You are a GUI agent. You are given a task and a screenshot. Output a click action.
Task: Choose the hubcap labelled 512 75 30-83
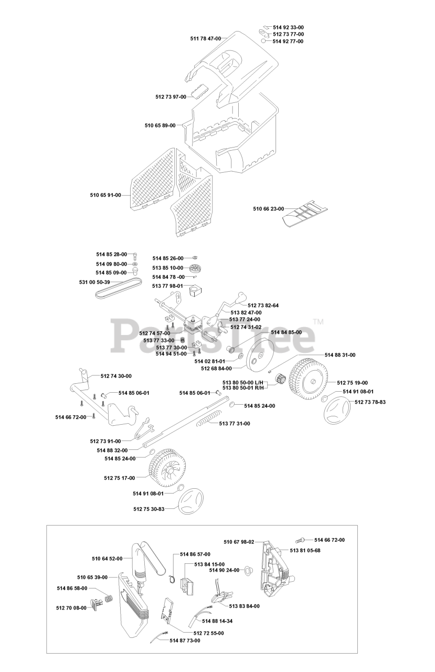point(190,504)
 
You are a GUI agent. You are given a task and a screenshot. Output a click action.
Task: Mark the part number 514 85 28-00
point(111,255)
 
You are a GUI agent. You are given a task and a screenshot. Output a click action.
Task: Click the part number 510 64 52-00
point(107,559)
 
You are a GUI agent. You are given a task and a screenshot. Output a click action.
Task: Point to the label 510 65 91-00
point(105,195)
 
